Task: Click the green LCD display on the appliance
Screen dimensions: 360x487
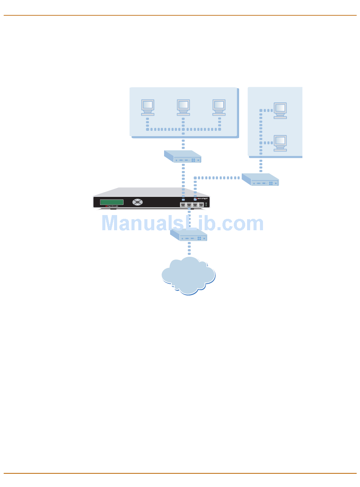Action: coord(112,202)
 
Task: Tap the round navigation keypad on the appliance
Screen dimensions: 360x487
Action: coord(138,202)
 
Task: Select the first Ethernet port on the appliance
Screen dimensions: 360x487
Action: coord(183,204)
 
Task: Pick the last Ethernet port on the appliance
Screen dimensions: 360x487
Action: coord(201,204)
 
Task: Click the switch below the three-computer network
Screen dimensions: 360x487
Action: coord(183,156)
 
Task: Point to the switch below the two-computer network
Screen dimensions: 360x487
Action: coord(260,179)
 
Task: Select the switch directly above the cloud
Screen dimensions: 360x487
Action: coord(189,235)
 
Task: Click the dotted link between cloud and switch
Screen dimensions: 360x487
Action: coord(189,249)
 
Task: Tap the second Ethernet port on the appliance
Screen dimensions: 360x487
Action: coord(189,204)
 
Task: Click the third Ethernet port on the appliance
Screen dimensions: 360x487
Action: coord(195,204)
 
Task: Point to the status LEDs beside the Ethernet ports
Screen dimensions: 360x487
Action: coord(206,204)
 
